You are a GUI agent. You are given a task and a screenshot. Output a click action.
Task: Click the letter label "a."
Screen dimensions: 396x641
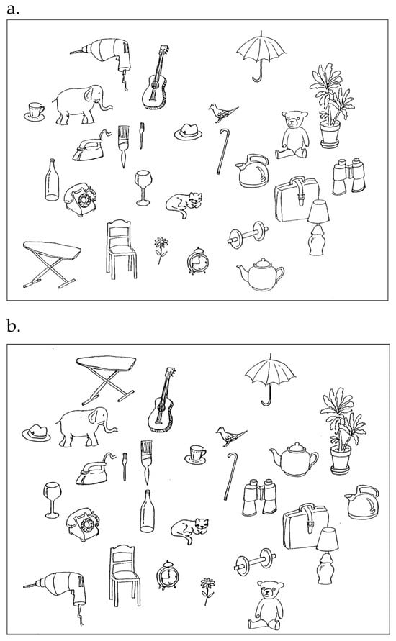[x=13, y=9]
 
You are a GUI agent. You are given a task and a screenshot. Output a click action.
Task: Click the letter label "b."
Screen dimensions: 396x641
[x=13, y=327]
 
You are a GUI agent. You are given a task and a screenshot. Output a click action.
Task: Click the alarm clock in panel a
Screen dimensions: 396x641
[x=198, y=261]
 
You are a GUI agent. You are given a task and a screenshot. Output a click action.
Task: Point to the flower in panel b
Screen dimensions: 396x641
[x=208, y=591]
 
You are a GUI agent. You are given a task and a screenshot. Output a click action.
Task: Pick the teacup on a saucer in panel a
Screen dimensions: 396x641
[x=35, y=112]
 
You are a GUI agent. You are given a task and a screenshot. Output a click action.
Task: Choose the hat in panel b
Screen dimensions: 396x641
[x=37, y=433]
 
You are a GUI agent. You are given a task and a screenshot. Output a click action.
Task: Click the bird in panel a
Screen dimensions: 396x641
[x=222, y=112]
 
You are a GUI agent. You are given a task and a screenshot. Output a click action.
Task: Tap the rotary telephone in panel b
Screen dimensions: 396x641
[x=83, y=524]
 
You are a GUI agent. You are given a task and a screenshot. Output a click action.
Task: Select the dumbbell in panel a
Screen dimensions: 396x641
[x=248, y=235]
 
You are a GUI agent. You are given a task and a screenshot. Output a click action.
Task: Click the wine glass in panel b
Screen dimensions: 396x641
[x=53, y=500]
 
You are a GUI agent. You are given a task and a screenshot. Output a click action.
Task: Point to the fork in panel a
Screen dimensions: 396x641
[x=142, y=135]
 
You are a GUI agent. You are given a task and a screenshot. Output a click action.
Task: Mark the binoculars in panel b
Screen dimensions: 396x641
[x=259, y=497]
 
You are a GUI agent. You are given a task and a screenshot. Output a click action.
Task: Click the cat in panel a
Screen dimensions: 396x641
[x=184, y=203]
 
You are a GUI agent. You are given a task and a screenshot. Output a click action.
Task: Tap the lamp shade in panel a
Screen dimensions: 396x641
[x=319, y=212]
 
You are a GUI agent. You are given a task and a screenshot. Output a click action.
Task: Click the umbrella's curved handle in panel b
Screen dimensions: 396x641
[x=268, y=398]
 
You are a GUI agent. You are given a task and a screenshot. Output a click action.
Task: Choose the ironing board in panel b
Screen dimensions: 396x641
[x=107, y=379]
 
